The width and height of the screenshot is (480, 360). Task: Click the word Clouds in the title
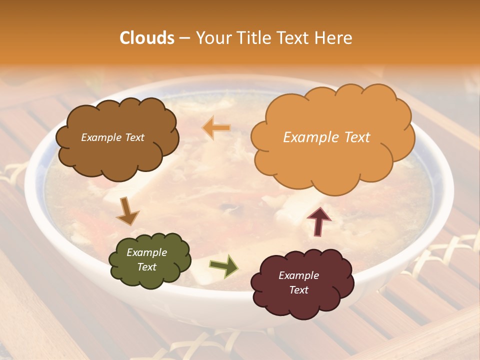pyautogui.click(x=147, y=38)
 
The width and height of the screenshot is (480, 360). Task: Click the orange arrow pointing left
pyautogui.click(x=216, y=128)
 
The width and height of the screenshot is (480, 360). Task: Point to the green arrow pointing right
pyautogui.click(x=223, y=265)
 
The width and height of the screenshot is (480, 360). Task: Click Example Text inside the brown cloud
pyautogui.click(x=112, y=137)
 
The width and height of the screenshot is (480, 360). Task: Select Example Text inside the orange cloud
pyautogui.click(x=326, y=137)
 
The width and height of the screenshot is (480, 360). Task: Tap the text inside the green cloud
pyautogui.click(x=146, y=260)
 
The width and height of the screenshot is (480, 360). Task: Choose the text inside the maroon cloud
pyautogui.click(x=298, y=282)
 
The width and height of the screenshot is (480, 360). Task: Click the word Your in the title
pyautogui.click(x=212, y=38)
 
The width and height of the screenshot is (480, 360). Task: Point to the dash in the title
pyautogui.click(x=184, y=38)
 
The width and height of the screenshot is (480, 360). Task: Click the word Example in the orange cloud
pyautogui.click(x=305, y=137)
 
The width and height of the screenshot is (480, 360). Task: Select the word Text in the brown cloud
pyautogui.click(x=134, y=137)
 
